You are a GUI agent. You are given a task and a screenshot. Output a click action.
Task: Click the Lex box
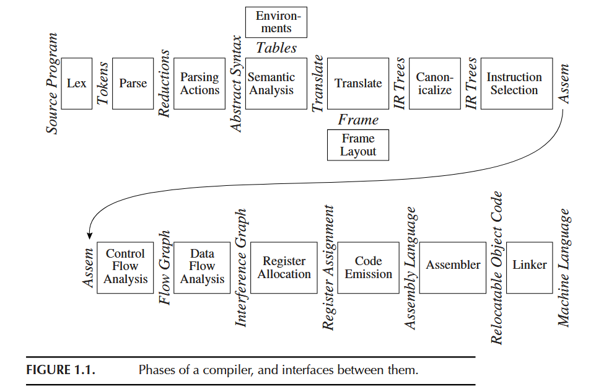coord(77,84)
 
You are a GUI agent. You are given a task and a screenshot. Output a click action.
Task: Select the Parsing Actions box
coord(199,84)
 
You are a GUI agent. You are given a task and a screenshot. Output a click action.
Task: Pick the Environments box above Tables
coord(276,22)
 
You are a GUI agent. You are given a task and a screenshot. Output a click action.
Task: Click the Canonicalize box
coord(434,84)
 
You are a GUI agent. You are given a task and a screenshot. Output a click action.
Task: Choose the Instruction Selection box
coord(515,84)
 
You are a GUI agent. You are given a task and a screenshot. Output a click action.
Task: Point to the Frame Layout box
coord(358,145)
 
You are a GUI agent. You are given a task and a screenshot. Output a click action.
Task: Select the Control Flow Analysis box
coord(125,267)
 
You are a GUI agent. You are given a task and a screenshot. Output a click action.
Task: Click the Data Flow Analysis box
coord(202,267)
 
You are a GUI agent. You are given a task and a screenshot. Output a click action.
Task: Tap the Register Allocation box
coord(284,267)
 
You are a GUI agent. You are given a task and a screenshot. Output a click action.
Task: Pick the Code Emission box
coord(369,267)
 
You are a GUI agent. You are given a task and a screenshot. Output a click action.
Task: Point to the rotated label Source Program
coord(53,84)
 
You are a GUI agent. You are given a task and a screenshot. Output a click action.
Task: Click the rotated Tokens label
coord(102,84)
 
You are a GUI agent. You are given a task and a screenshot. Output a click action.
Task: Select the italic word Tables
coord(276,48)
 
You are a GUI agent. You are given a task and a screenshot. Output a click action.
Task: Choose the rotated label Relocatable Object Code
coord(496,267)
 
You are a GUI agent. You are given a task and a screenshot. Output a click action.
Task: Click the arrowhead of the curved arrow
coord(89,235)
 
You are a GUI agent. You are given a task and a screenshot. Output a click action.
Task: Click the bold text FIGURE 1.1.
coord(59,371)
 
